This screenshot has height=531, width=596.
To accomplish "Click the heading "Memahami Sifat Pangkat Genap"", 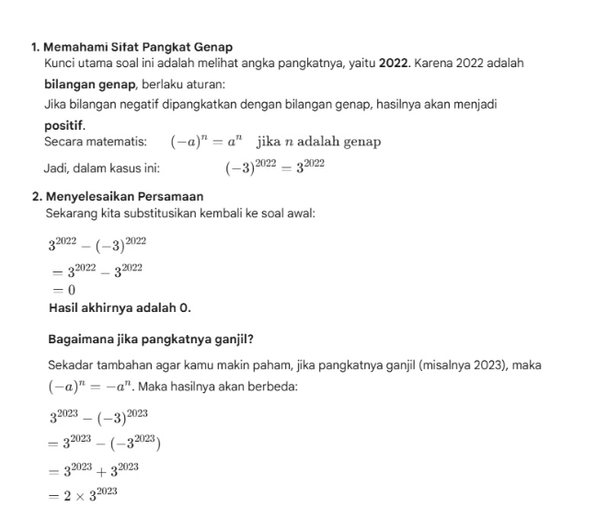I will point(138,47).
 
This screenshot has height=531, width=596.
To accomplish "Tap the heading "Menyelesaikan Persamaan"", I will point(124,196).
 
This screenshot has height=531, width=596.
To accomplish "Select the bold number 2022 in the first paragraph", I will point(394,64).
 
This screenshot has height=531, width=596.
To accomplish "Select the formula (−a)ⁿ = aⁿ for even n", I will point(206,142).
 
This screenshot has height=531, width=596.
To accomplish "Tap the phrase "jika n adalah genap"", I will point(319,142).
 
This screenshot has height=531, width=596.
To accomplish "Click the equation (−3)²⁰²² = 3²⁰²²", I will point(275,167).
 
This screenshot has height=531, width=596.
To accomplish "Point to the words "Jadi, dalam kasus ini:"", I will point(102,168).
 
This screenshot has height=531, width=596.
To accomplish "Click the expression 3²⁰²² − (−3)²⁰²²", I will point(97,245).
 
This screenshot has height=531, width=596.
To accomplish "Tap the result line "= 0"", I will point(62,290).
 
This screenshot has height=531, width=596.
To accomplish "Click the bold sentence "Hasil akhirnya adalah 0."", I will point(120,308).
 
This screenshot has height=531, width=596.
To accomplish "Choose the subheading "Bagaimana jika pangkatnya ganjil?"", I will point(151,338).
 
